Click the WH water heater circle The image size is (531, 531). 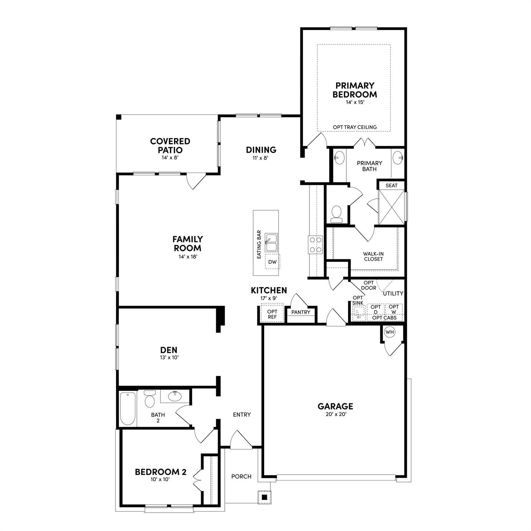click(x=390, y=332)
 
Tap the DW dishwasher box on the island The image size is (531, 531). click(x=272, y=262)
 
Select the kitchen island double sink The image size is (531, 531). click(x=271, y=243)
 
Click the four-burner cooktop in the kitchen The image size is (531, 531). click(x=315, y=245)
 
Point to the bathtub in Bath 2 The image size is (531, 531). click(x=128, y=409)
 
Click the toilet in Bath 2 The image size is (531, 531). click(x=150, y=399)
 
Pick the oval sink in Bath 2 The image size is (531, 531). click(x=175, y=396)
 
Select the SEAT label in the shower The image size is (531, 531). click(x=391, y=185)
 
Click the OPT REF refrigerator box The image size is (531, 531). click(x=272, y=314)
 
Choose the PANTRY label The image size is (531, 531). click(x=301, y=312)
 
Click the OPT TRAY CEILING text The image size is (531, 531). click(x=355, y=127)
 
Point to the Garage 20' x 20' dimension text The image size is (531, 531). click(x=336, y=414)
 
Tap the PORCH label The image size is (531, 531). click(x=241, y=476)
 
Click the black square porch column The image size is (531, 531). click(x=264, y=497)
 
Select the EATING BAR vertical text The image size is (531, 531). click(x=259, y=245)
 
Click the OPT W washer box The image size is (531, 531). click(x=394, y=309)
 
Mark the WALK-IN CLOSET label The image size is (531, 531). click(x=373, y=256)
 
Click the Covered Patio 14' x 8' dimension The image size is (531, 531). click(x=170, y=157)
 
